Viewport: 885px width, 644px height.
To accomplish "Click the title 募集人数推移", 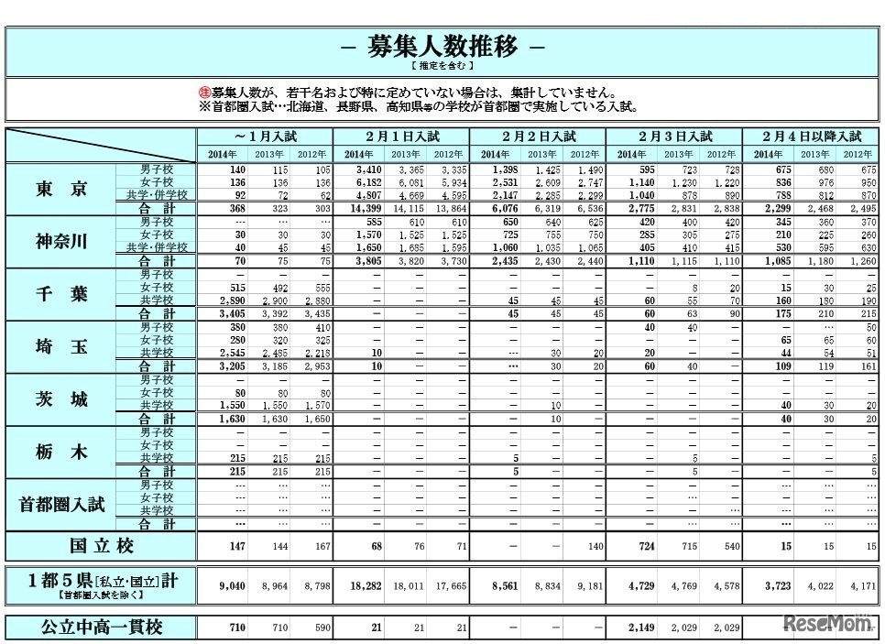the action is click(442, 47).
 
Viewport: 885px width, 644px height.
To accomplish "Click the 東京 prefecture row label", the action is click(61, 190).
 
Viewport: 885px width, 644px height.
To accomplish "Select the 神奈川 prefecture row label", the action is click(61, 242).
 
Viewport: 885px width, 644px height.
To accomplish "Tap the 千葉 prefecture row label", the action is click(61, 294).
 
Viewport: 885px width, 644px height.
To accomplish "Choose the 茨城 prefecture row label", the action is click(61, 399).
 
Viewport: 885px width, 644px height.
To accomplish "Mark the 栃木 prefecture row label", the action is click(61, 452).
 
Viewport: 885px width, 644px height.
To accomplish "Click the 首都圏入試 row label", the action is click(61, 504).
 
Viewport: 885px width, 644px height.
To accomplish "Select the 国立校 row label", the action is click(101, 547).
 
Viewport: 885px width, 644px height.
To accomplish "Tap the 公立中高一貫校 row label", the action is click(101, 628).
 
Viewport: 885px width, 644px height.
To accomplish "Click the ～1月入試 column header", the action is click(265, 136).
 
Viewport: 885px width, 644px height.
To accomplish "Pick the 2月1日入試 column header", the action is click(400, 136).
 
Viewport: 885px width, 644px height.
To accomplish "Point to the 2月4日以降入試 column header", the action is click(808, 136).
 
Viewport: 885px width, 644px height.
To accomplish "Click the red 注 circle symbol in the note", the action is click(204, 93).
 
